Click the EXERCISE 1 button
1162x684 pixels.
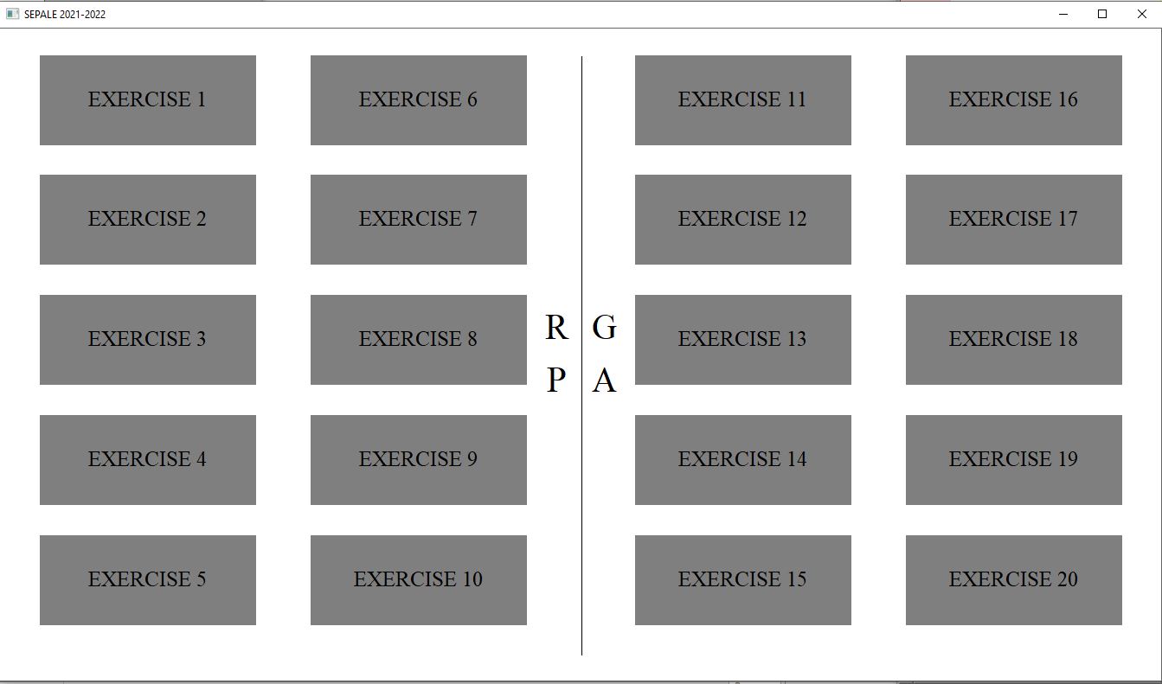click(x=148, y=100)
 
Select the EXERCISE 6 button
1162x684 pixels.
click(x=419, y=100)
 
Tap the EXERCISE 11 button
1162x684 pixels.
click(x=743, y=100)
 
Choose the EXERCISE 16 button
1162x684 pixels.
click(x=1014, y=100)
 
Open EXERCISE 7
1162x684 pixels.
click(x=419, y=220)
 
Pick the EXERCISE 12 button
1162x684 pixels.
click(x=743, y=220)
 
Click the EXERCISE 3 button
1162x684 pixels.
click(x=148, y=340)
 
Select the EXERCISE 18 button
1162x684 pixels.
click(x=1014, y=340)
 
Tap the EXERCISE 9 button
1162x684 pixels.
click(x=419, y=460)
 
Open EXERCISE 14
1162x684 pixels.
click(x=743, y=460)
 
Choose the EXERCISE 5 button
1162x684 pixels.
click(x=148, y=580)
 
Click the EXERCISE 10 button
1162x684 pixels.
click(x=419, y=580)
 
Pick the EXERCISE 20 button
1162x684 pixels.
click(x=1014, y=580)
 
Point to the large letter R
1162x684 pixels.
click(x=556, y=327)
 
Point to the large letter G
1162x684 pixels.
click(x=604, y=327)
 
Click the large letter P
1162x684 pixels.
click(x=555, y=380)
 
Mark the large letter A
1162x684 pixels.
click(x=604, y=380)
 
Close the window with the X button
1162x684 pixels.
click(x=1142, y=14)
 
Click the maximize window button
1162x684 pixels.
click(x=1102, y=14)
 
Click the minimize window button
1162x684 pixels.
click(x=1062, y=15)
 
